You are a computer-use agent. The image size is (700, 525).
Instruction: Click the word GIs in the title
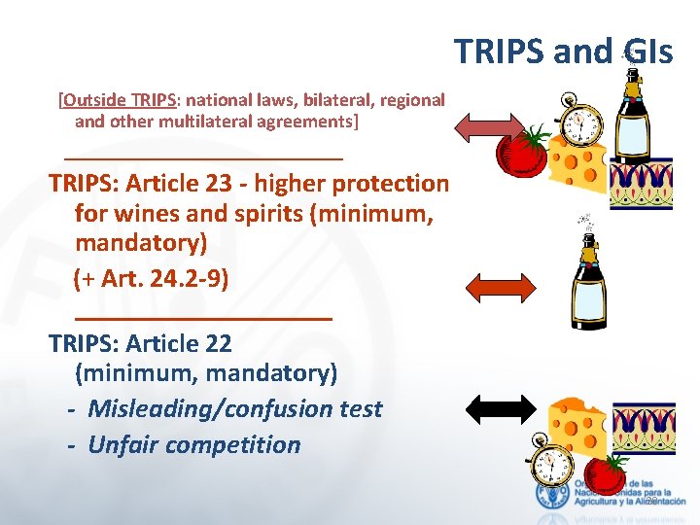[643, 52]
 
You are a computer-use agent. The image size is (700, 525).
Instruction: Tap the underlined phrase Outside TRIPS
[121, 99]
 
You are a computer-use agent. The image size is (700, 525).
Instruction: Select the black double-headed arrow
[500, 408]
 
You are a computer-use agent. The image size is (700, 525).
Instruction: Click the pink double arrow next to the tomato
[489, 126]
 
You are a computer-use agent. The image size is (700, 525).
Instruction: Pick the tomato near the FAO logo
[608, 473]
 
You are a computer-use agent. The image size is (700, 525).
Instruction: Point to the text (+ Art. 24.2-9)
[151, 280]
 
